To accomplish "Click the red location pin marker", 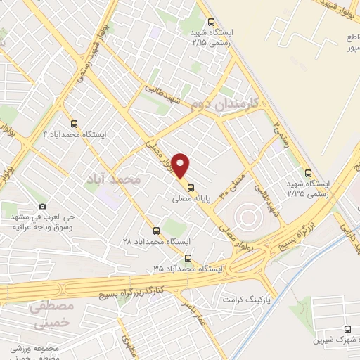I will coord(181,166).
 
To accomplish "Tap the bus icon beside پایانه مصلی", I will coord(191,187).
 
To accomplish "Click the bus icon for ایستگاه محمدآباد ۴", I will coord(74,122).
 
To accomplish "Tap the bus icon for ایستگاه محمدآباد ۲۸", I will coord(156,229).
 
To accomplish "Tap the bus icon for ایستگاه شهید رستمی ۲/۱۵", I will coord(210,21).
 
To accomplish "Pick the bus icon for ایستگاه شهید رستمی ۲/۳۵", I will coord(308,174).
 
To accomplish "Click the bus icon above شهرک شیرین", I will coord(348,329).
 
